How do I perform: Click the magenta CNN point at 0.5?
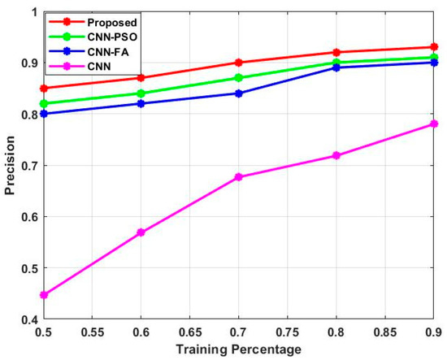[44, 295]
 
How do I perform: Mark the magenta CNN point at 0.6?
[142, 232]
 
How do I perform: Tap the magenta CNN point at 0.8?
[337, 155]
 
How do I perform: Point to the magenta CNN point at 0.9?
[435, 124]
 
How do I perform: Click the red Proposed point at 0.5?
[44, 88]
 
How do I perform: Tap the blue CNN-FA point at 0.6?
[142, 103]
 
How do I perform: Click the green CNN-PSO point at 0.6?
[142, 93]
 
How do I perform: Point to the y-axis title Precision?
[10, 166]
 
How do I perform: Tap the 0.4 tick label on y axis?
[29, 319]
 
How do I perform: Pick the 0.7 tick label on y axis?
[29, 166]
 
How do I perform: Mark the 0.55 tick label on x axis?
[93, 332]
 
